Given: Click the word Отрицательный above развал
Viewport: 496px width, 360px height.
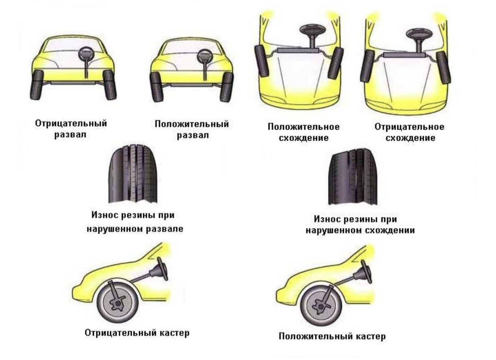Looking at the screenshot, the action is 72,123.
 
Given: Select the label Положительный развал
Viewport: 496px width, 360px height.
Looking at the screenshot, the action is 192,129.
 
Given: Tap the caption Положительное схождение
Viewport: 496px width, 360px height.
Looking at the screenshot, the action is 304,132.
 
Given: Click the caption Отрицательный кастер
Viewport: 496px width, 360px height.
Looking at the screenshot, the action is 137,333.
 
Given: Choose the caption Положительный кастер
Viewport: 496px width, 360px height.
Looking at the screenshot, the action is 332,337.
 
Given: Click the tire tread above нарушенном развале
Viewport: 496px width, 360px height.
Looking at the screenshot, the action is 133,176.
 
